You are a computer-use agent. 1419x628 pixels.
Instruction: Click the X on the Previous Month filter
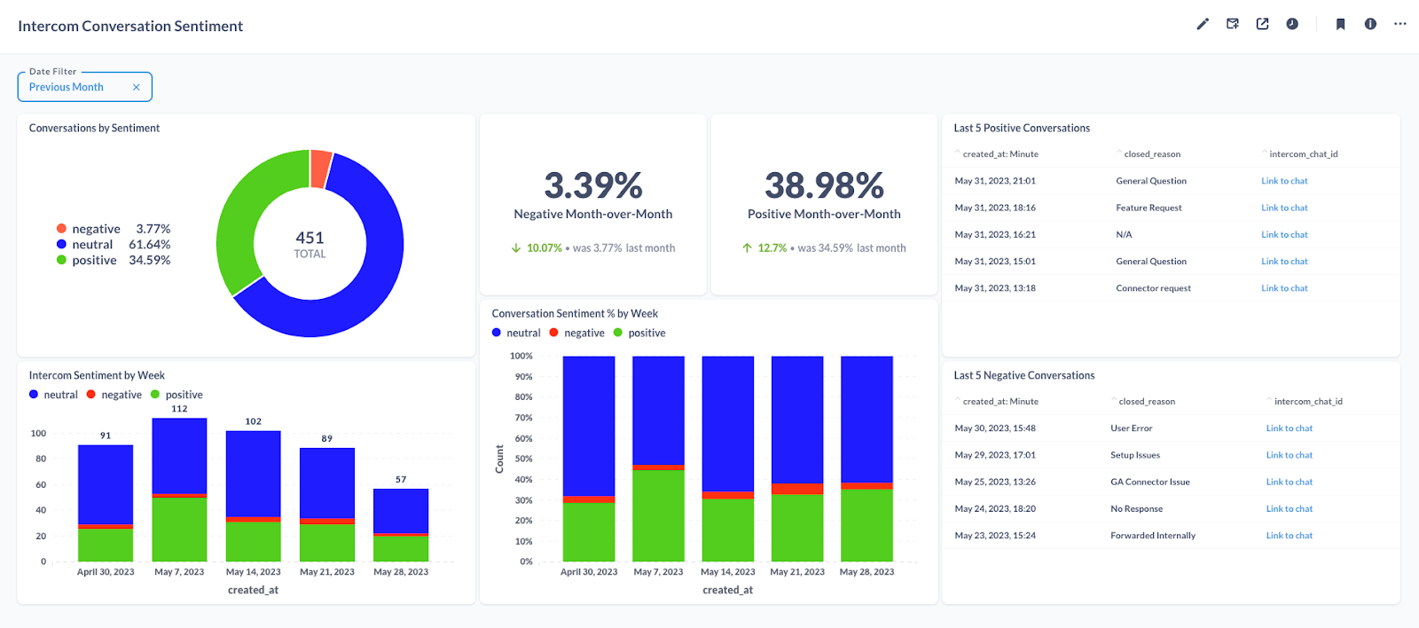(x=136, y=87)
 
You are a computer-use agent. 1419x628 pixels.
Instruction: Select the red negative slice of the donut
(x=320, y=169)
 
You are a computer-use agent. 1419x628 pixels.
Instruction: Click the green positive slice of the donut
(x=240, y=213)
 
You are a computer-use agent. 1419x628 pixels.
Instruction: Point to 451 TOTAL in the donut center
(x=310, y=244)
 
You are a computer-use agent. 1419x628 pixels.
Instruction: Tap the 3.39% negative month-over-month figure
(x=592, y=186)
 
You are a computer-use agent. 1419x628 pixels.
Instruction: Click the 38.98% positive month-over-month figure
(x=824, y=186)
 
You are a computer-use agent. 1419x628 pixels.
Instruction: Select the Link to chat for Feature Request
(x=1284, y=208)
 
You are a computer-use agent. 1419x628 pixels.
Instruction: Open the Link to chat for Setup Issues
(x=1289, y=455)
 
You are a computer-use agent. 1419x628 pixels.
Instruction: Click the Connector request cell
(x=1153, y=288)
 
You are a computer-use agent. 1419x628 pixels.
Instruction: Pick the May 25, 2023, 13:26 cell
(x=995, y=482)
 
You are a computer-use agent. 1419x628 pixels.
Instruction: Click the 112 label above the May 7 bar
(x=179, y=409)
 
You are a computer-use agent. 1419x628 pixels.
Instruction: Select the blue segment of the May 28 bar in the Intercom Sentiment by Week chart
(x=401, y=511)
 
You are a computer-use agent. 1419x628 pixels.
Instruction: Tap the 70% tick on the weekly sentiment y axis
(x=523, y=418)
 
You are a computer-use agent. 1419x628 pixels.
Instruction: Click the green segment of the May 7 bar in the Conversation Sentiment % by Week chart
(x=658, y=514)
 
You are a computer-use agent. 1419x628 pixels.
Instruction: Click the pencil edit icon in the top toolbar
(x=1203, y=24)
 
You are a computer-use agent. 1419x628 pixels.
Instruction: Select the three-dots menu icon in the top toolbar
(x=1399, y=24)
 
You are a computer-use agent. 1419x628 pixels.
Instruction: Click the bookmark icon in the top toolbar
(x=1340, y=24)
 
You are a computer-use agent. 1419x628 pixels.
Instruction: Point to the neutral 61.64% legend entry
(x=114, y=245)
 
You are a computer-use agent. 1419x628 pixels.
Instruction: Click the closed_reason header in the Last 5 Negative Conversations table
(x=1147, y=402)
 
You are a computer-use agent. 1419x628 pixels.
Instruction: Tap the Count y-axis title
(x=499, y=459)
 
